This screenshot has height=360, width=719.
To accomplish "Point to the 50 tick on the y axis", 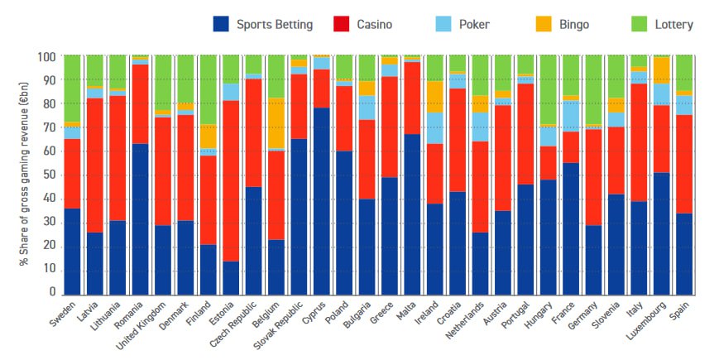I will [51, 175].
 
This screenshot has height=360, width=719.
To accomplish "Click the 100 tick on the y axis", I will [49, 57].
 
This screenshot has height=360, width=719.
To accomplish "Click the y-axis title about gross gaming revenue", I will [24, 175].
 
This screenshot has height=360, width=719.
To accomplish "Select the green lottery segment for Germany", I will [593, 90].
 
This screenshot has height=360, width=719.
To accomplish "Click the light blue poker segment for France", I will [571, 115].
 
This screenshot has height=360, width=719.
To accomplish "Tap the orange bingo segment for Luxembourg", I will [661, 70].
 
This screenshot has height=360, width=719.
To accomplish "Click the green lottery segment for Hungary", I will [548, 90].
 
